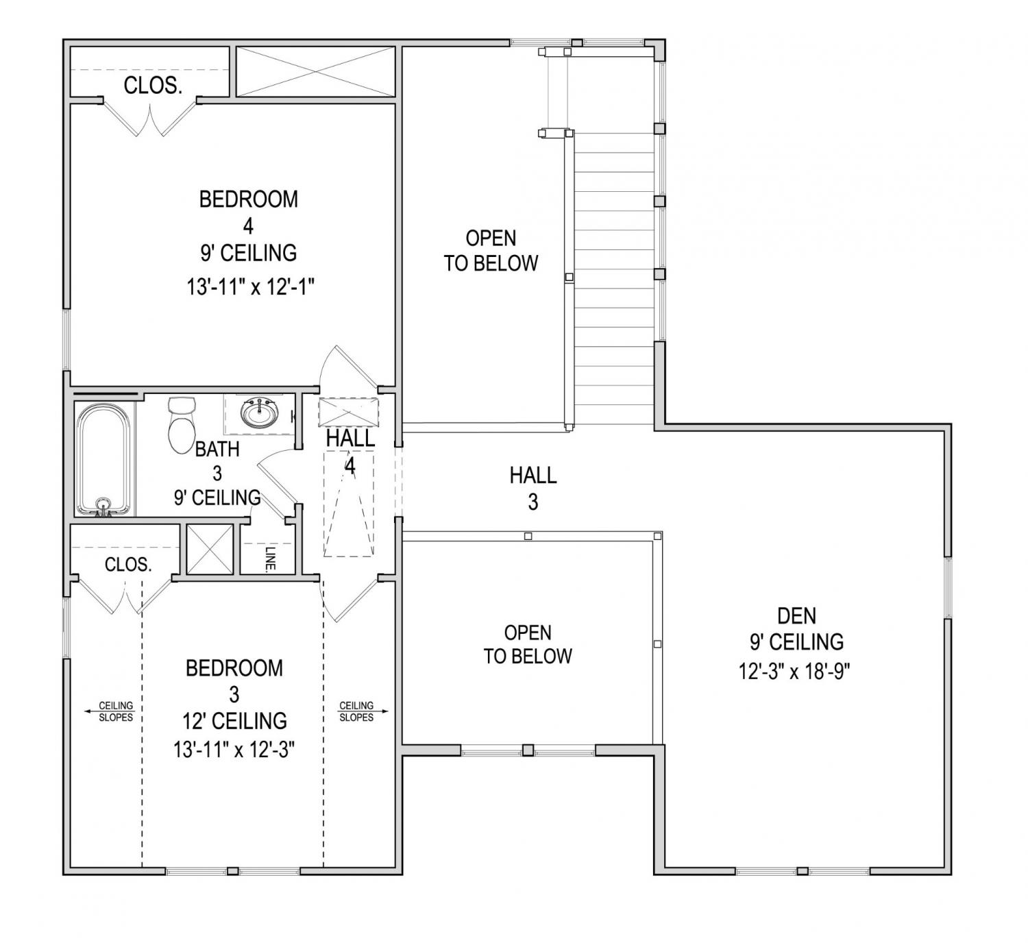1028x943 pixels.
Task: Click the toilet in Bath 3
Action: [182, 425]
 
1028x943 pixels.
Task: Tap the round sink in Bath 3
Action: [260, 413]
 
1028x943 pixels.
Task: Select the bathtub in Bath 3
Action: [103, 459]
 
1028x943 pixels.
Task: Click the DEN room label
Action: [796, 615]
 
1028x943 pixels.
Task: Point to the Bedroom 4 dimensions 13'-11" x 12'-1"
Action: [250, 287]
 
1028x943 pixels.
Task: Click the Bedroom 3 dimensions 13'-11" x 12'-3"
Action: [234, 750]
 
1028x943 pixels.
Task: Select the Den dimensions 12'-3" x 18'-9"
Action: [794, 672]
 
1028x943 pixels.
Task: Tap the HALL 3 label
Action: [533, 489]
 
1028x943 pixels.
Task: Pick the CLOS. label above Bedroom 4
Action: [153, 86]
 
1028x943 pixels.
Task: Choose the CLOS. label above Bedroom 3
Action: [128, 565]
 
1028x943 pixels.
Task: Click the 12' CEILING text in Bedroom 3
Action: [234, 720]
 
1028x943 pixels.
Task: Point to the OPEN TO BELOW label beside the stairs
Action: [491, 251]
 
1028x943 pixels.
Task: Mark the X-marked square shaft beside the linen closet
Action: [210, 549]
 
